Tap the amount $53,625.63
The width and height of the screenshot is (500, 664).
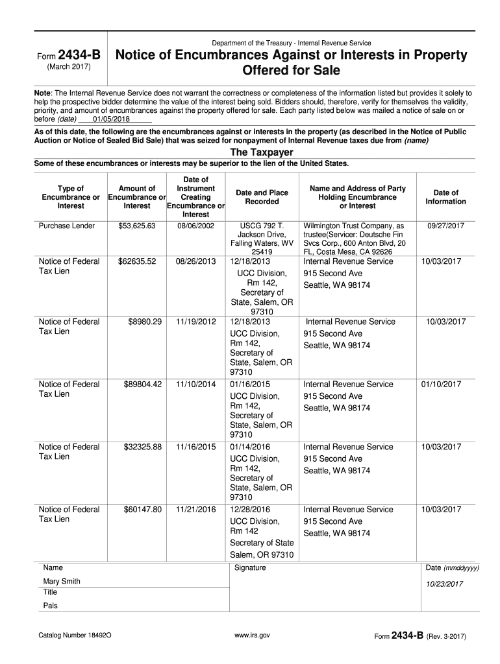(137, 226)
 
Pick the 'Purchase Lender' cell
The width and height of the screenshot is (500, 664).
(67, 226)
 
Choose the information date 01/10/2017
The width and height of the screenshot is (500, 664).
(441, 385)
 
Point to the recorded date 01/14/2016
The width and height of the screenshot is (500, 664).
(249, 447)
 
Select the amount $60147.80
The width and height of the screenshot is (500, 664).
(142, 510)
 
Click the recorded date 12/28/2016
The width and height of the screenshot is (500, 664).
(249, 510)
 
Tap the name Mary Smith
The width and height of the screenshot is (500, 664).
(62, 581)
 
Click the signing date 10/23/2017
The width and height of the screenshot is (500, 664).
(444, 584)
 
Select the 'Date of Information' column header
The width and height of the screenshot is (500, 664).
(445, 196)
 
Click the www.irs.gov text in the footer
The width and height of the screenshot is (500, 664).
(252, 636)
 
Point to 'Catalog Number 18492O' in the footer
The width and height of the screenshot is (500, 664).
(75, 636)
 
